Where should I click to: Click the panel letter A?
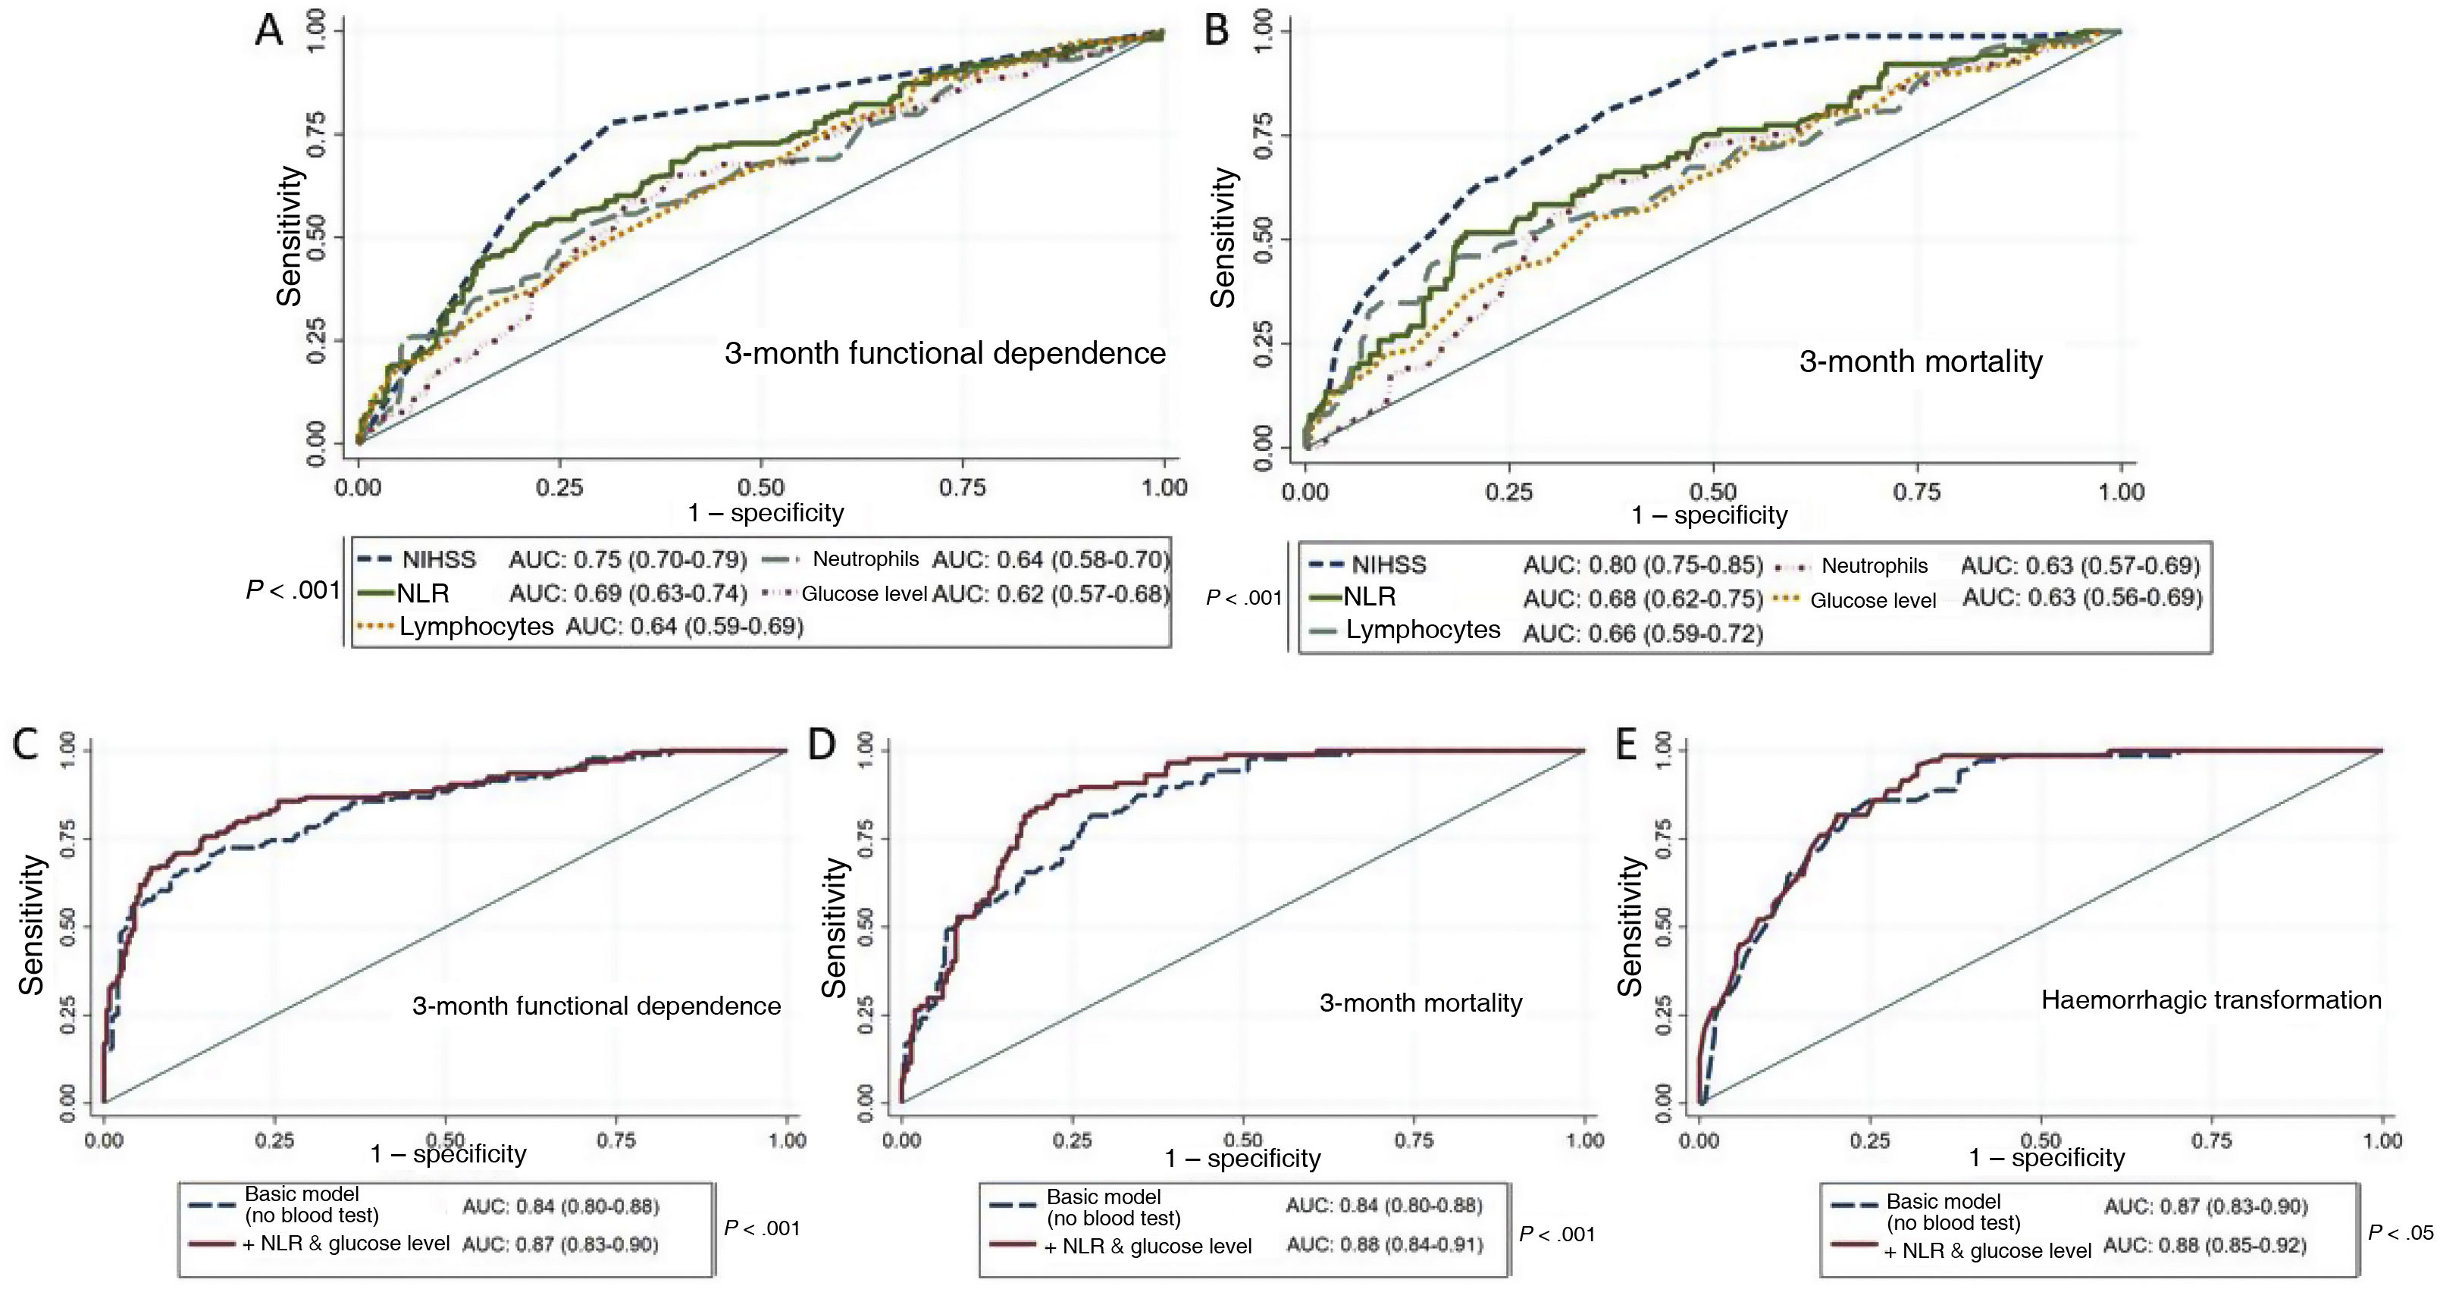click(x=270, y=30)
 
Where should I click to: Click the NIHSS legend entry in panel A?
click(x=438, y=560)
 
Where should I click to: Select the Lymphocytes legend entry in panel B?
click(x=1422, y=630)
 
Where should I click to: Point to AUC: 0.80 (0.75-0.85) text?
click(x=1643, y=565)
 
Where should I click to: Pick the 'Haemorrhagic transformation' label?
click(x=2211, y=1000)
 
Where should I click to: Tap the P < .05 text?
click(x=2400, y=1233)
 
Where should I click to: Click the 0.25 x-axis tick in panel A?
click(x=560, y=488)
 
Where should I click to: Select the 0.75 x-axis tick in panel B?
click(x=1917, y=492)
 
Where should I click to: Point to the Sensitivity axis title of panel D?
click(x=834, y=928)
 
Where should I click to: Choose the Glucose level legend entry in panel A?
click(x=863, y=595)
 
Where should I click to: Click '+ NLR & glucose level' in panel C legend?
click(x=346, y=1244)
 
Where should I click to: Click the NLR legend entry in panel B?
click(x=1369, y=596)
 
